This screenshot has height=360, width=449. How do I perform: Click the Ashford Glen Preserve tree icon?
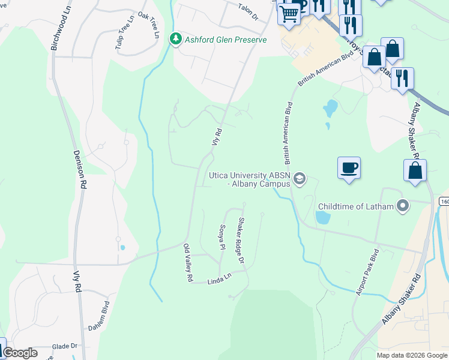pos(175,40)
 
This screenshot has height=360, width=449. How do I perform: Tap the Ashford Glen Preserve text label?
pos(225,40)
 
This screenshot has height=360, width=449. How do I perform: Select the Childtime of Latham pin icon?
pos(403,206)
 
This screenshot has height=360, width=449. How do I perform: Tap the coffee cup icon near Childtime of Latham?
pos(349,167)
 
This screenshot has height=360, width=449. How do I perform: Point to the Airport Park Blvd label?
pos(367,272)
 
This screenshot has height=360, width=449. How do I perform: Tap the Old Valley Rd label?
pos(187,263)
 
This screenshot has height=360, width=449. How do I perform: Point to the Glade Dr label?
pos(65,346)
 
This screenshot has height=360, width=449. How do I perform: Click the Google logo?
pos(20,353)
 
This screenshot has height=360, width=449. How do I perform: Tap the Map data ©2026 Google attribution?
pos(411,355)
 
